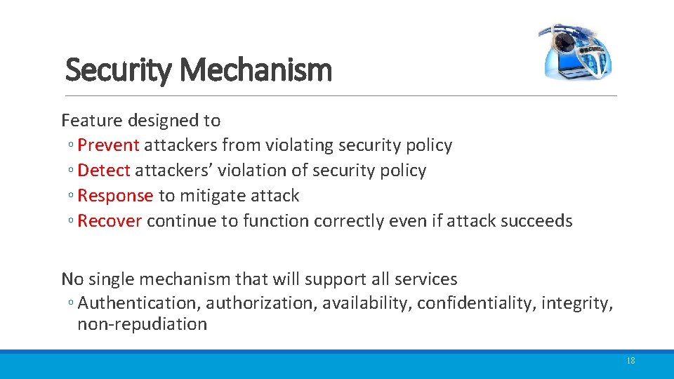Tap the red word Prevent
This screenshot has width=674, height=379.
[109, 145]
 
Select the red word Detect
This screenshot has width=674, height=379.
[104, 171]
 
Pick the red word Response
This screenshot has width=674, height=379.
[115, 196]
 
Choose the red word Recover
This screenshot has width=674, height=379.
[110, 221]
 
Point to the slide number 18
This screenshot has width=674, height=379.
[630, 361]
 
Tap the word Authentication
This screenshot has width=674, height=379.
[139, 303]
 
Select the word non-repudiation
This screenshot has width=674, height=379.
[142, 324]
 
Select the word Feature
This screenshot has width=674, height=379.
[90, 121]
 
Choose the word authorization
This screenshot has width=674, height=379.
[261, 303]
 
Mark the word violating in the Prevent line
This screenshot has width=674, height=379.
[299, 145]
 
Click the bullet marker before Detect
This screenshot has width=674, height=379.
[72, 171]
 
